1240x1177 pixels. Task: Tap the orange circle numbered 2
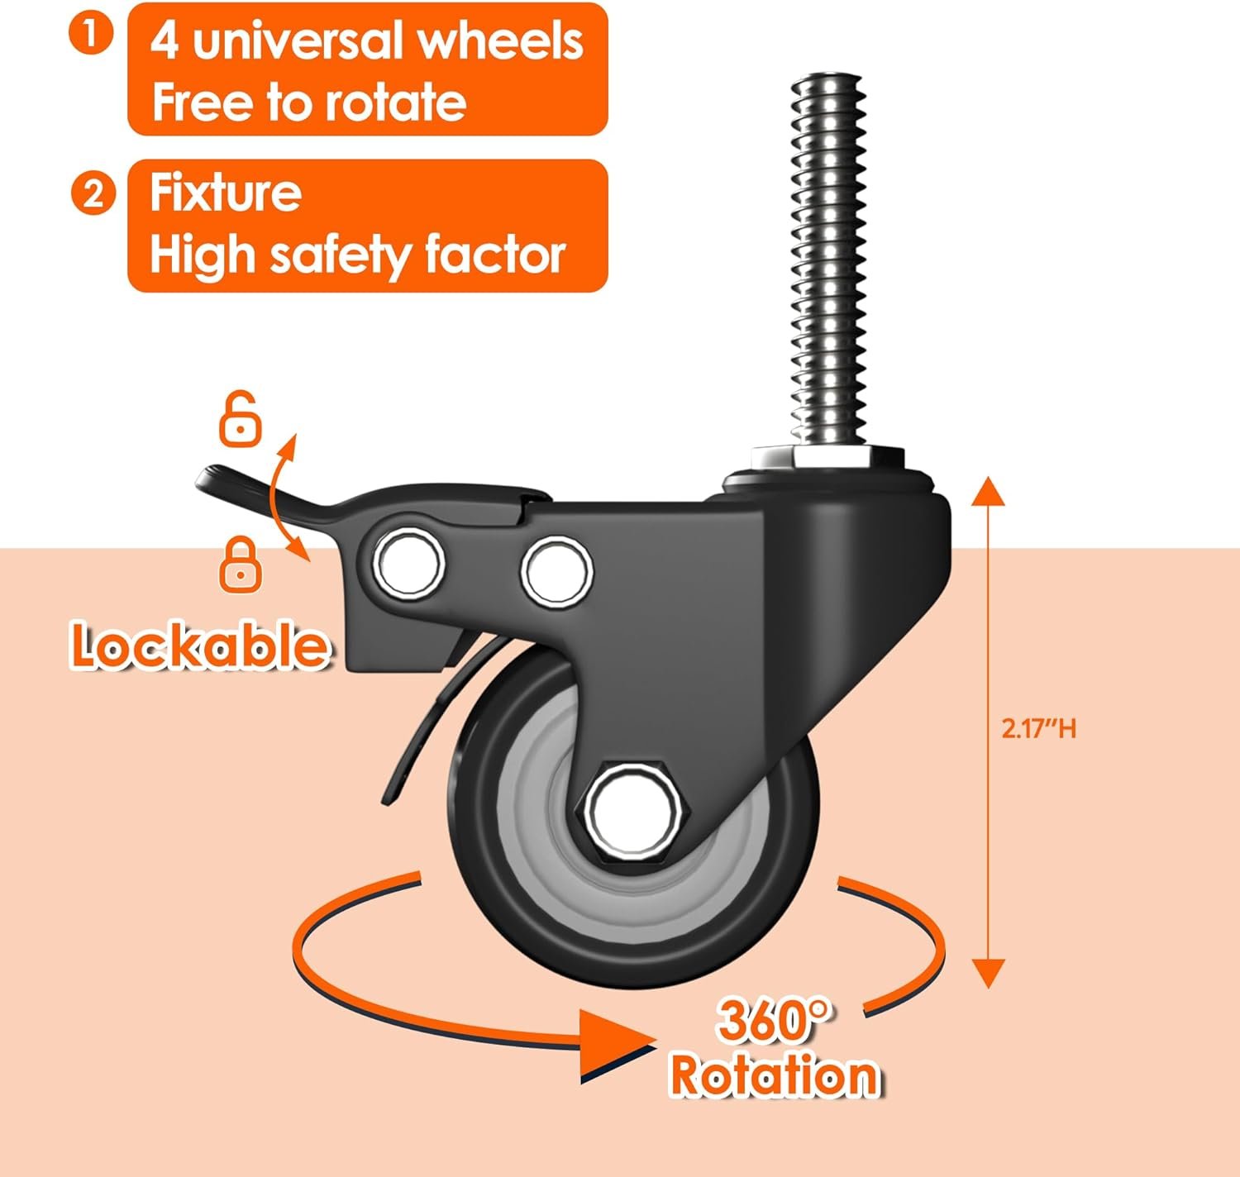pyautogui.click(x=93, y=193)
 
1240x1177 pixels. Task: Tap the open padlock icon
pyautogui.click(x=240, y=419)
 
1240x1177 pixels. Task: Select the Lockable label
pyautogui.click(x=199, y=645)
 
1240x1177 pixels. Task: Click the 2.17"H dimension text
pyautogui.click(x=1039, y=729)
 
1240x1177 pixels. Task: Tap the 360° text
pyautogui.click(x=772, y=1021)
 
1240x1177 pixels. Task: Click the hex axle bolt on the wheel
pyautogui.click(x=632, y=812)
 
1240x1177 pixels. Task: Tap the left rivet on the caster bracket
pyautogui.click(x=408, y=561)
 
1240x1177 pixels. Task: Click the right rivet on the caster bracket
pyautogui.click(x=556, y=571)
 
